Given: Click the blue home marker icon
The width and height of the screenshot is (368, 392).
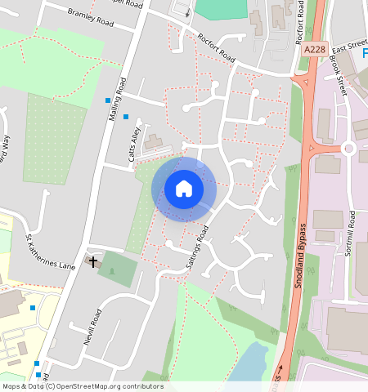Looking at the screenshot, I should pos(184,189).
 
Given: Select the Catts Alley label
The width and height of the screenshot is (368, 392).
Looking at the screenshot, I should pos(136,148).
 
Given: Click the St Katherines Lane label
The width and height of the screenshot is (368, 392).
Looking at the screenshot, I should pos(51,254).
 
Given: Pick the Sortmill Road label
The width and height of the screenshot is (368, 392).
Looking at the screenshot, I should pos(349,234).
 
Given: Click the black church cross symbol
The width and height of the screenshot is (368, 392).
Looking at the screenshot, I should pos(93,262).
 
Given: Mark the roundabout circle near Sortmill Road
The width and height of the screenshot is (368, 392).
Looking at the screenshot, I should pos(351,149).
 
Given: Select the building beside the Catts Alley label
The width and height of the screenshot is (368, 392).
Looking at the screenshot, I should pos(154,145).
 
